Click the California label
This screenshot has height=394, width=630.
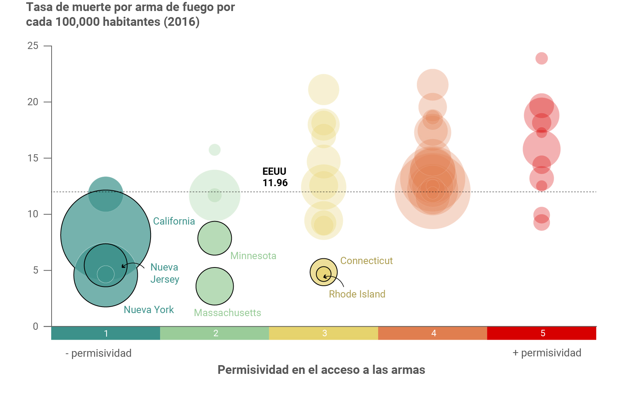[x=174, y=221]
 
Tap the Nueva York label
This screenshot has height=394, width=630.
[x=149, y=310]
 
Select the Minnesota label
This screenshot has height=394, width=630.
[x=253, y=256]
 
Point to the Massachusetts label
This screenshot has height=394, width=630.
[x=227, y=313]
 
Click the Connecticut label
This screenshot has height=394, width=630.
[x=366, y=261]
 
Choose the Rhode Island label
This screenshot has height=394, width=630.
[x=357, y=294]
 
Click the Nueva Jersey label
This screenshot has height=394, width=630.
[x=165, y=273]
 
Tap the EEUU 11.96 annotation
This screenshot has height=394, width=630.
[x=275, y=177]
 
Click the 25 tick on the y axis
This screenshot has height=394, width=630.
[x=33, y=46]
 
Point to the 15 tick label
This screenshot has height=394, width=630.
[x=33, y=158]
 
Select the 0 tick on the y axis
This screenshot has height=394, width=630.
[x=36, y=326]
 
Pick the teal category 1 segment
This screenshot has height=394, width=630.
[x=106, y=333]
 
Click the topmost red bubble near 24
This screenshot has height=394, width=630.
[x=542, y=59]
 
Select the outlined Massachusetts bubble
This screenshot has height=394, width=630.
[x=215, y=286]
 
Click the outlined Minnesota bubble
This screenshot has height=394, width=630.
[x=215, y=238]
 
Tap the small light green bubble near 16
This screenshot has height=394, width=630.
[x=215, y=150]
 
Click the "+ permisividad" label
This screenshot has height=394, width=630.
[x=547, y=353]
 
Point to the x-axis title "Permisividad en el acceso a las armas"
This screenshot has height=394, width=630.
[x=321, y=370]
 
